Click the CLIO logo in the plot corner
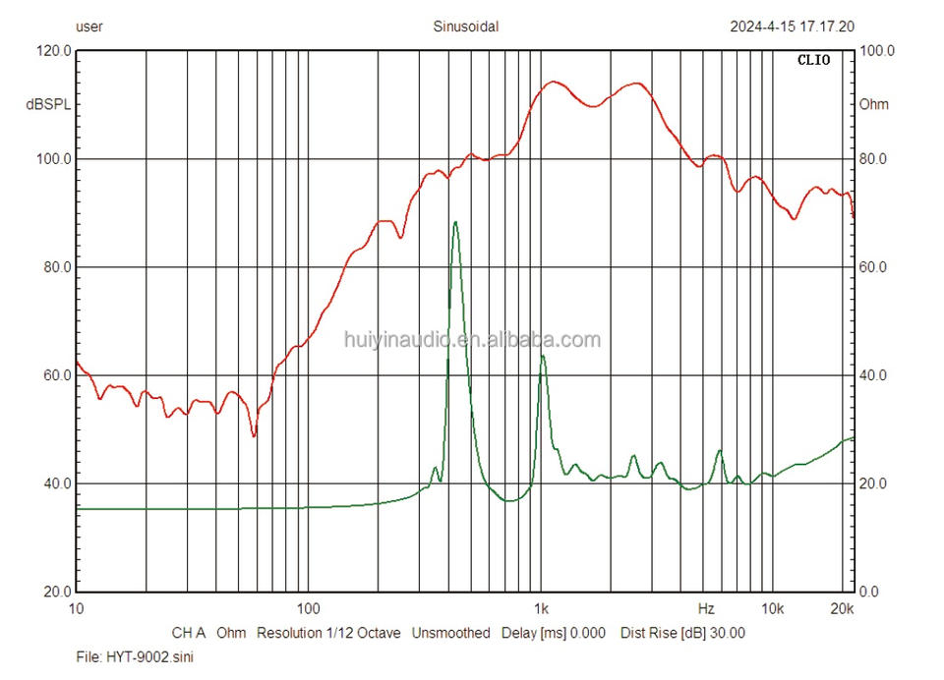(x=813, y=60)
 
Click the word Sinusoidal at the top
(x=466, y=27)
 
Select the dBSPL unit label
(x=47, y=104)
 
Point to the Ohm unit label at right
(x=874, y=104)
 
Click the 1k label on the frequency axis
(x=540, y=609)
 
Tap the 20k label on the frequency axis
(x=843, y=609)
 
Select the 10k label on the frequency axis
(x=773, y=609)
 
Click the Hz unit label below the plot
(x=706, y=609)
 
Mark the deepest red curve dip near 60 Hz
(x=254, y=434)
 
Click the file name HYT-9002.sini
(x=135, y=655)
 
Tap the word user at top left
(x=89, y=27)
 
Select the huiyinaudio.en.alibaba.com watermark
(x=472, y=340)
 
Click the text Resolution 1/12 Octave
(x=328, y=633)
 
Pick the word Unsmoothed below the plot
(x=450, y=633)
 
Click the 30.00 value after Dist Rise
(x=726, y=633)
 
